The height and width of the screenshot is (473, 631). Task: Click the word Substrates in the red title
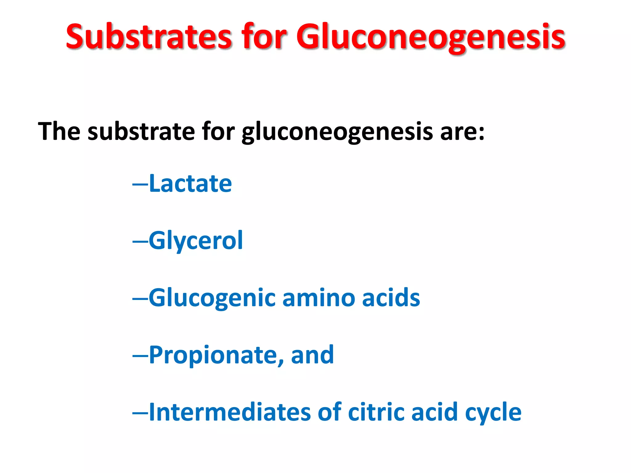[x=149, y=37]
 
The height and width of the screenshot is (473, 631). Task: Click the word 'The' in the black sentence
[x=59, y=131]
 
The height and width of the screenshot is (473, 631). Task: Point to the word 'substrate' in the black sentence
[x=141, y=131]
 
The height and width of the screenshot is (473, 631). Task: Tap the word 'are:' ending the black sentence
[x=462, y=132]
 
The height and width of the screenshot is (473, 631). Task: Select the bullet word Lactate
[x=190, y=184]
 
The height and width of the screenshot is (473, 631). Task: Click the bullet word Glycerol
[x=196, y=241]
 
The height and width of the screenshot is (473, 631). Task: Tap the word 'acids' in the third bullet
[x=391, y=298]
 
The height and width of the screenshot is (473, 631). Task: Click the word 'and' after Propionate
[x=312, y=355]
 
